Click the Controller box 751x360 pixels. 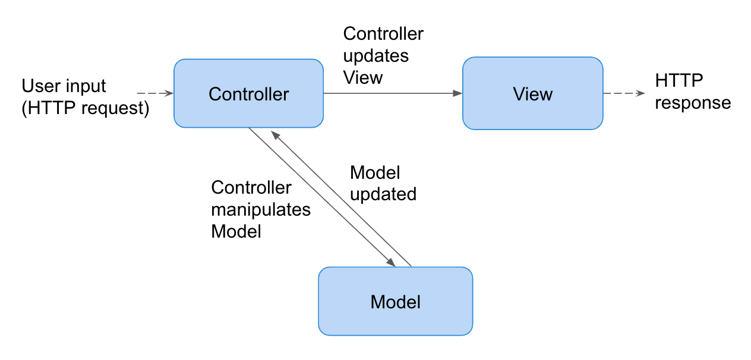(x=248, y=93)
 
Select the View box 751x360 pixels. (x=532, y=93)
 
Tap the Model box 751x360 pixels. (x=395, y=301)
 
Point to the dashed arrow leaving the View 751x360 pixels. (x=623, y=93)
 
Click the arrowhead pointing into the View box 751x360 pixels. (x=458, y=93)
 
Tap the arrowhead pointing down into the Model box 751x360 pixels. (x=391, y=263)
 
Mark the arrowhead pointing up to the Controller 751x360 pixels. (x=274, y=134)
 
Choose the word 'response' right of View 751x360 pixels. (x=692, y=103)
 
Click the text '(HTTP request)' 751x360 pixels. (x=85, y=109)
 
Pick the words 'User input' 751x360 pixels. (x=64, y=86)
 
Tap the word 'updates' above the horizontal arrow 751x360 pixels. (x=375, y=56)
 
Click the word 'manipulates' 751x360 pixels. (x=261, y=210)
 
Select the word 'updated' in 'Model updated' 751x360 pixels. (x=383, y=194)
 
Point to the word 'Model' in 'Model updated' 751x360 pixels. (x=374, y=173)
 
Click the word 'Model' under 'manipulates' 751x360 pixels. (x=236, y=231)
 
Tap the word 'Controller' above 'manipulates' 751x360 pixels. (x=251, y=188)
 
